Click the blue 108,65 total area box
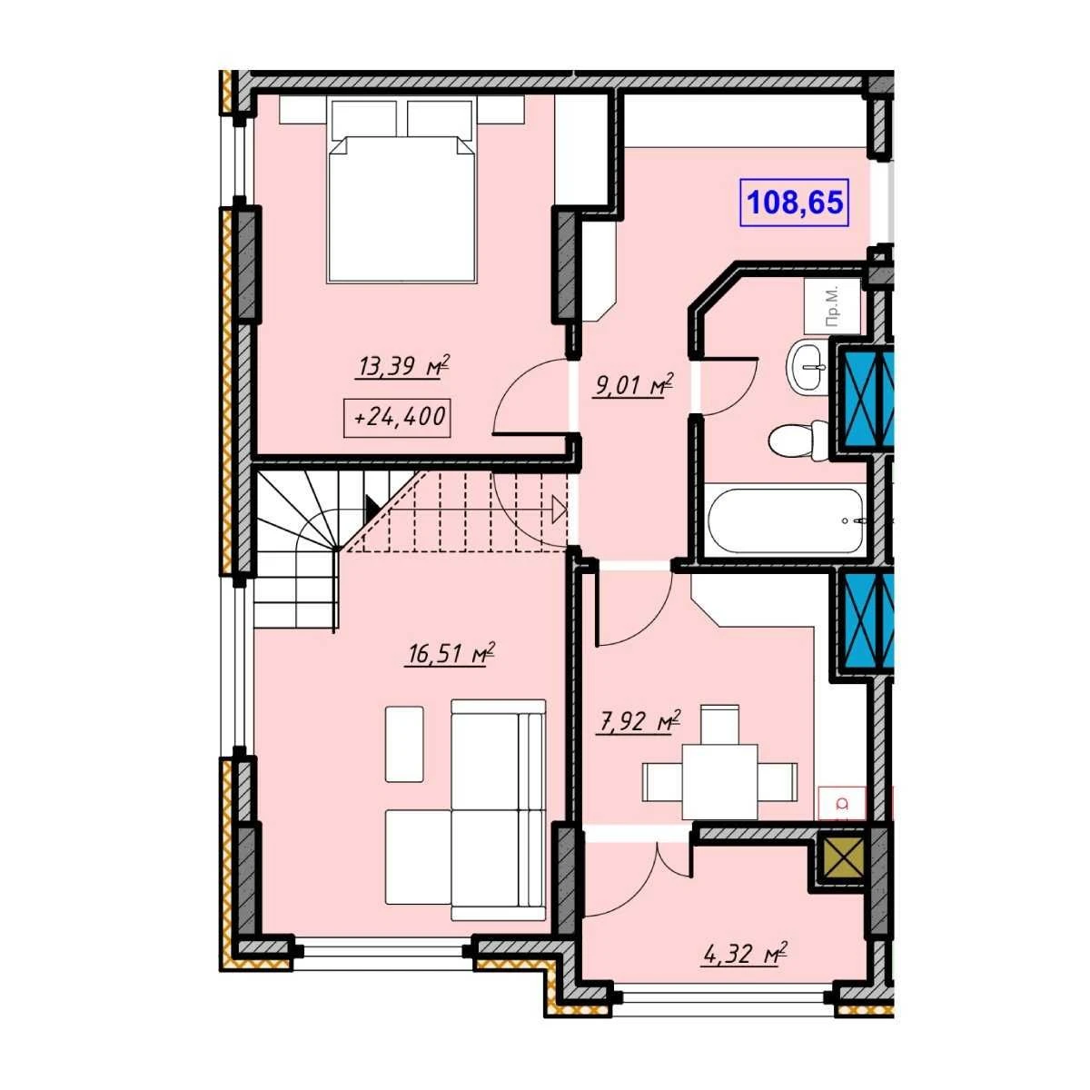[794, 202]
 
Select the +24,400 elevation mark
[397, 418]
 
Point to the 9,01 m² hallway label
[633, 386]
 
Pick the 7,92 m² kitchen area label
[638, 722]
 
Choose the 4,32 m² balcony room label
[744, 955]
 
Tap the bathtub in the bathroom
[787, 520]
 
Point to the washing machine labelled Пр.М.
[832, 306]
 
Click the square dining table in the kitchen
[719, 782]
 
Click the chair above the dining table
[719, 725]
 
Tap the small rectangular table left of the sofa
[404, 744]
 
